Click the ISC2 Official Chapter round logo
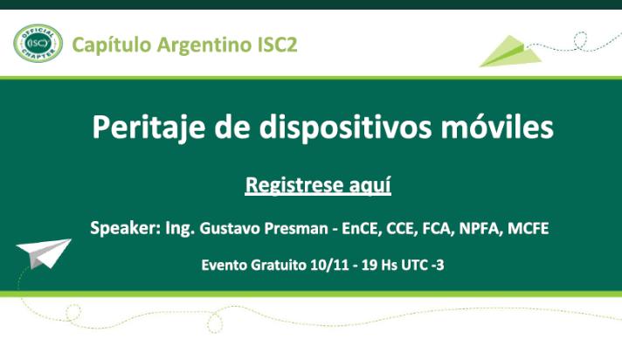(38, 44)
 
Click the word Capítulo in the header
(112, 45)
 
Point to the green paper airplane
(511, 52)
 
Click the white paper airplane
(44, 253)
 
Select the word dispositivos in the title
(345, 128)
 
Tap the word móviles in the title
(497, 127)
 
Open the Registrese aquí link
(318, 185)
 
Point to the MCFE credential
(529, 229)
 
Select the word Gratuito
(279, 265)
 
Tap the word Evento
(225, 265)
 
